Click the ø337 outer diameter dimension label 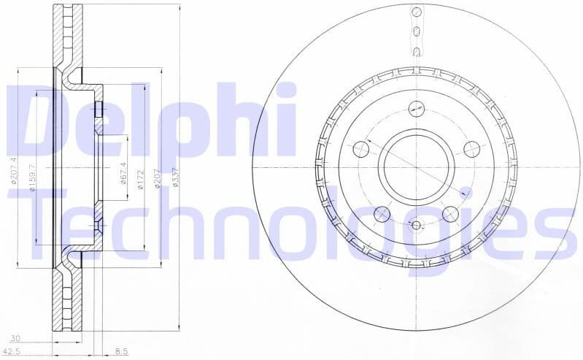click(x=176, y=177)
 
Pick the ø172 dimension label click(x=141, y=180)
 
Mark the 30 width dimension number click(x=15, y=338)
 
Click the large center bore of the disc click(x=414, y=166)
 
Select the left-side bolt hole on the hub click(x=360, y=150)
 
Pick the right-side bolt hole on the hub click(x=471, y=149)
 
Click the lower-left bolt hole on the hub click(x=382, y=214)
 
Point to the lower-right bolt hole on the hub click(x=450, y=213)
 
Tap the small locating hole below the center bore click(x=416, y=224)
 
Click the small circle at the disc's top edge click(x=417, y=12)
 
